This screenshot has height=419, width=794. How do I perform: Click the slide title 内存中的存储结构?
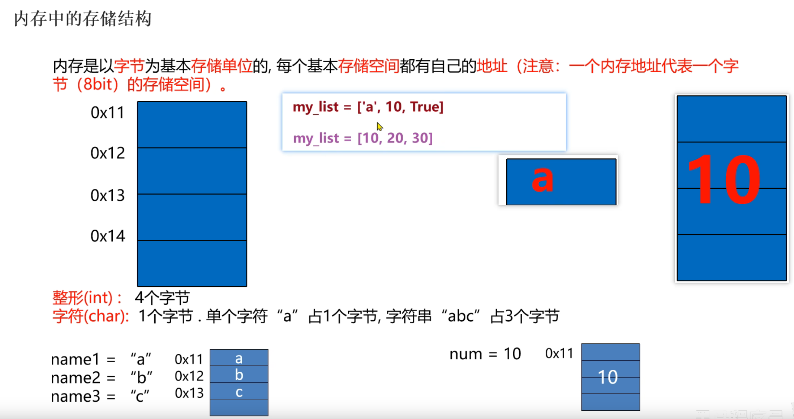point(82,19)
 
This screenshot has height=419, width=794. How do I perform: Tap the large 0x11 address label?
point(107,113)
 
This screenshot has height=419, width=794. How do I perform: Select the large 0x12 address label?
point(107,153)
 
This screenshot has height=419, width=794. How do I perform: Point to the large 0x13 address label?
point(107,196)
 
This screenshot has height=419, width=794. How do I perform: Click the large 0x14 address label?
point(107,236)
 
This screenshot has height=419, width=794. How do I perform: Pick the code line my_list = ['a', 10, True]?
point(368,107)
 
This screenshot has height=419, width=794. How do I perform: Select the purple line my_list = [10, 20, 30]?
point(362,138)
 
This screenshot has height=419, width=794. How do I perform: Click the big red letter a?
point(542,179)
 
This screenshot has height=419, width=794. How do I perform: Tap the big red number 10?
point(724,180)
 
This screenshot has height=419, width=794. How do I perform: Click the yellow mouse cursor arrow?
point(379,127)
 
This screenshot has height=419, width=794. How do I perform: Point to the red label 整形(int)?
point(87,298)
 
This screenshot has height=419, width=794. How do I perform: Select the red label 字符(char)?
point(90,316)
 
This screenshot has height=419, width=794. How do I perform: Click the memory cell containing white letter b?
point(239,375)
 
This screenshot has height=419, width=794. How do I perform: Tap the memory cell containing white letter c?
point(239,392)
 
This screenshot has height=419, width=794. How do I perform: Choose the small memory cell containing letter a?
point(239,358)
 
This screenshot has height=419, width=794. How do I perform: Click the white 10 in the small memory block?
point(608,377)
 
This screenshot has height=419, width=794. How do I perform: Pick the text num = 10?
point(485,354)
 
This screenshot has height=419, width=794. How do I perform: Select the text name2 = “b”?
point(101,378)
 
